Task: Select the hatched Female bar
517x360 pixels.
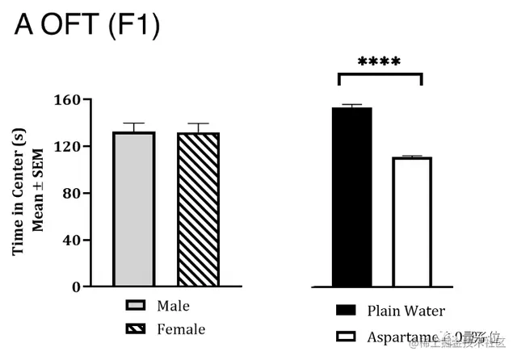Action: click(199, 209)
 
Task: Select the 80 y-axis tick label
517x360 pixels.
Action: click(72, 194)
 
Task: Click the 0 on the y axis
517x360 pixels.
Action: click(76, 287)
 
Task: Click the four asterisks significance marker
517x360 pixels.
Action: click(380, 61)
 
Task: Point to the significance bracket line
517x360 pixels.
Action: click(380, 74)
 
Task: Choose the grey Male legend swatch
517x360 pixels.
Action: click(135, 307)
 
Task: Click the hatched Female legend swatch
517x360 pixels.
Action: click(135, 329)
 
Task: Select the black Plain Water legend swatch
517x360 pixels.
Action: click(346, 311)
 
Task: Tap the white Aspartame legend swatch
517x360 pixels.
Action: click(346, 336)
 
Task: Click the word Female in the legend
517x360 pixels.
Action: click(182, 329)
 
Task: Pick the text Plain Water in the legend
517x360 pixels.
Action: click(406, 311)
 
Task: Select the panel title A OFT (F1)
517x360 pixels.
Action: click(87, 26)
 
